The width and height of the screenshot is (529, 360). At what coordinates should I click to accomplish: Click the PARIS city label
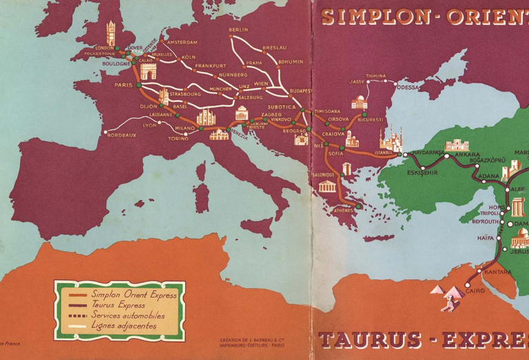point(123,85)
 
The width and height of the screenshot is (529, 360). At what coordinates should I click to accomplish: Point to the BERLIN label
point(238,30)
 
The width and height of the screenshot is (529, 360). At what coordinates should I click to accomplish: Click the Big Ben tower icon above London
point(110,33)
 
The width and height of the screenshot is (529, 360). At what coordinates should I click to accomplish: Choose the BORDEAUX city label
point(122,135)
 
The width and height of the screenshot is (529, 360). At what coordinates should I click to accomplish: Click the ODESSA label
point(407,87)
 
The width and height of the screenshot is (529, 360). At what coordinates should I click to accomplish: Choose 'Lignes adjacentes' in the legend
point(123,325)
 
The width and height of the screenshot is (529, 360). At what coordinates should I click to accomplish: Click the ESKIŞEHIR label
point(422,172)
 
